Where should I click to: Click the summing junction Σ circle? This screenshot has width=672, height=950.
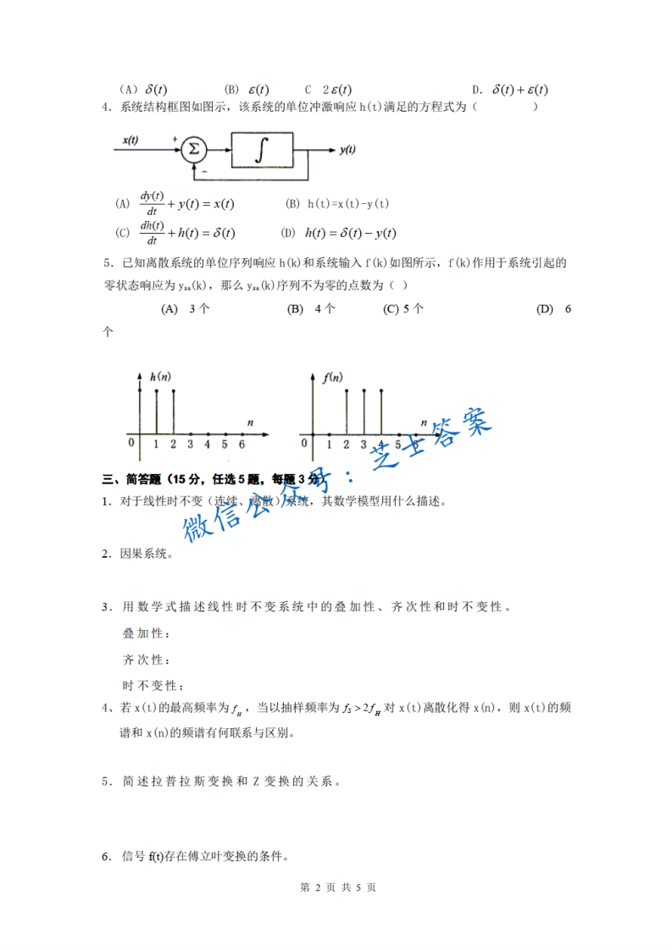(x=194, y=151)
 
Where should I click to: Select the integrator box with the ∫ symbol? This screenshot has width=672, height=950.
(x=263, y=151)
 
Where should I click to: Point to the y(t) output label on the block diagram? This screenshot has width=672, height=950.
(x=347, y=151)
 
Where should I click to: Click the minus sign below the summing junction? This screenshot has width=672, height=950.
(x=204, y=169)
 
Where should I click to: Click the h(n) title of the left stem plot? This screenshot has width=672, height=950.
(x=159, y=375)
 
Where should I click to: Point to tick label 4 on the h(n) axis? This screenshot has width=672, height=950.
(x=207, y=443)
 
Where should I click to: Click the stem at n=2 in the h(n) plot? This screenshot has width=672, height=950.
(x=174, y=412)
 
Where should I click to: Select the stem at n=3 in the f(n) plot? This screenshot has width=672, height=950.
(x=364, y=412)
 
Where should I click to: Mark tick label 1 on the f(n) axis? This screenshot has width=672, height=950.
(x=330, y=443)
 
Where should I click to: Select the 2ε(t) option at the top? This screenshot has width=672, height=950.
(x=337, y=89)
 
